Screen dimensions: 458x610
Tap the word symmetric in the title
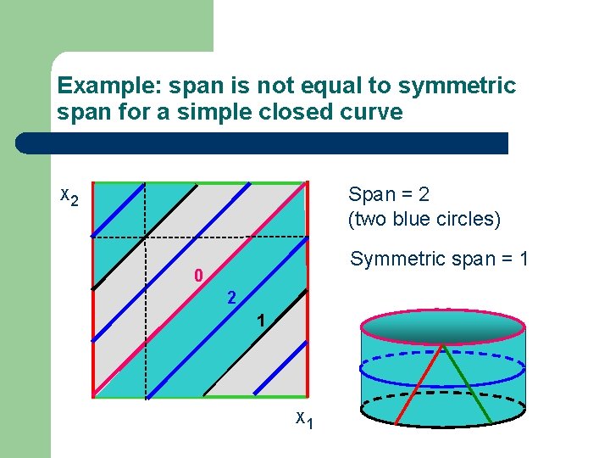click(456, 87)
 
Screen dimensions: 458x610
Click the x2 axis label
click(69, 197)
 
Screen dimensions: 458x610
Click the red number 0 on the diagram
click(197, 276)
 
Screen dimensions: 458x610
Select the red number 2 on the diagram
click(230, 299)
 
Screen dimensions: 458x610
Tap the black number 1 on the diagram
click(263, 321)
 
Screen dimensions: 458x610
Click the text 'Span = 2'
click(389, 194)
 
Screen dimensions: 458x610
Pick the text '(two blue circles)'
click(424, 219)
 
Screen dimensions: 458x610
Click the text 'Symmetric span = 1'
click(439, 259)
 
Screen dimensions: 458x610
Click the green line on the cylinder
click(469, 386)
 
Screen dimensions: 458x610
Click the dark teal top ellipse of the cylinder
click(443, 325)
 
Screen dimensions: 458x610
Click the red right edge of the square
click(303, 356)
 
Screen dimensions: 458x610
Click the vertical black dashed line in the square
click(146, 322)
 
